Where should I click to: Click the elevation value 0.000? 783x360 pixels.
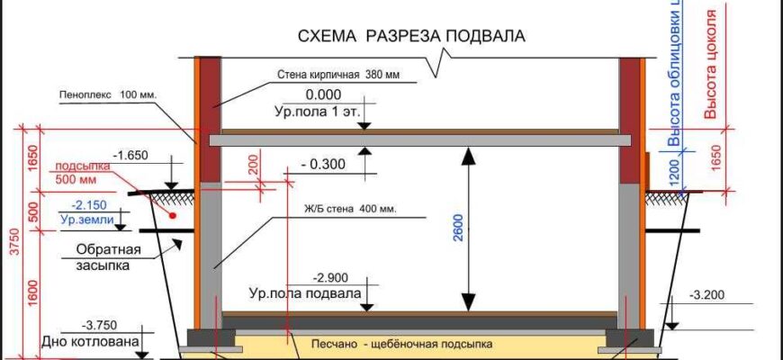[323, 94]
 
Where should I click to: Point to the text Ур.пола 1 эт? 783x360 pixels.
[317, 112]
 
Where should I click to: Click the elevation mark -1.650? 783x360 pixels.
[130, 155]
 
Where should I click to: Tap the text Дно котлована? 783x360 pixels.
[89, 342]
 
